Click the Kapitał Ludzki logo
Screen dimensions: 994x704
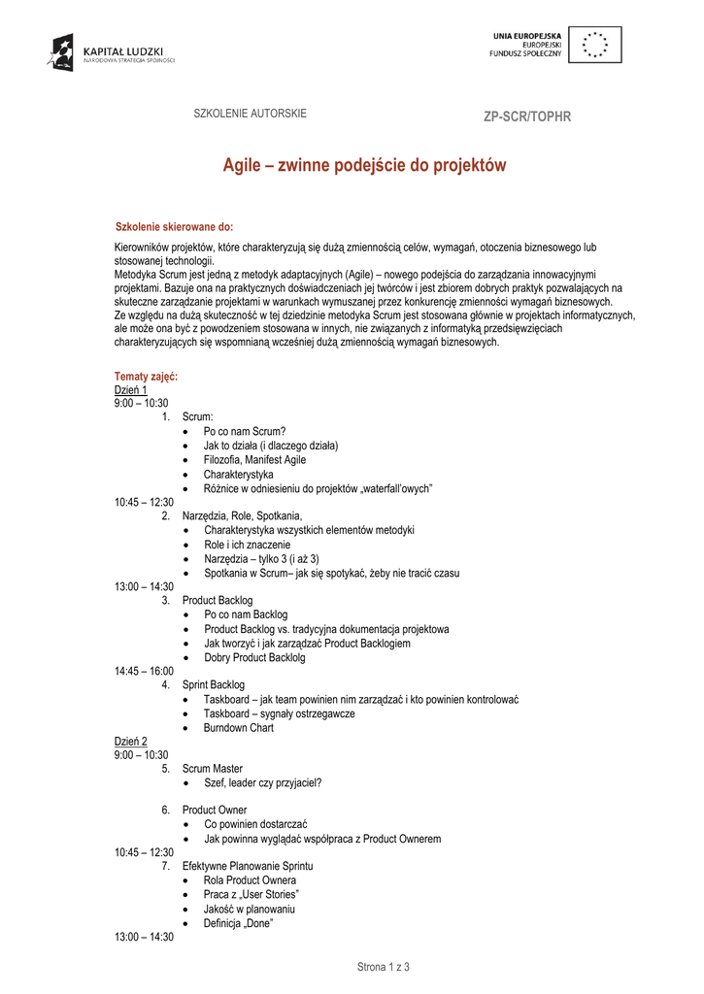coord(111,51)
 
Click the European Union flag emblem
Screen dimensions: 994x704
coord(594,46)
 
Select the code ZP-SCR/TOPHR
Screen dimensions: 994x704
coord(527,117)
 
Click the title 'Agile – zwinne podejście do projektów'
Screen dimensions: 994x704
coord(365,166)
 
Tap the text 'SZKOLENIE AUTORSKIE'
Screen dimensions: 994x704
coord(251,114)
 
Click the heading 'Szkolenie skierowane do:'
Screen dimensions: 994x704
coord(174,226)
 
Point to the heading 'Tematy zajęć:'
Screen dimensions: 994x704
coord(146,376)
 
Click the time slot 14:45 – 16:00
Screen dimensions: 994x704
coord(144,671)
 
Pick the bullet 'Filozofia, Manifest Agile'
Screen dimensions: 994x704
coord(254,460)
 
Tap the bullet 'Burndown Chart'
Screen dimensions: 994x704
coord(238,727)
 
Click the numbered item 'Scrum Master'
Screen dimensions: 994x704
coord(212,769)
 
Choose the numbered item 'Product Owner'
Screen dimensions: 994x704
coord(214,811)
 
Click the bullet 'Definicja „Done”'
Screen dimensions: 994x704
coord(238,923)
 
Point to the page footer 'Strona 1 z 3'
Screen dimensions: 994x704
coord(384,967)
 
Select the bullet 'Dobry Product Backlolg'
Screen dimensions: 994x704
coord(254,657)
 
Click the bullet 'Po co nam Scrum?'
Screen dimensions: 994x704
coord(245,432)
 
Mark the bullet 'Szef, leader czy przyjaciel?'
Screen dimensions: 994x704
coord(262,782)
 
